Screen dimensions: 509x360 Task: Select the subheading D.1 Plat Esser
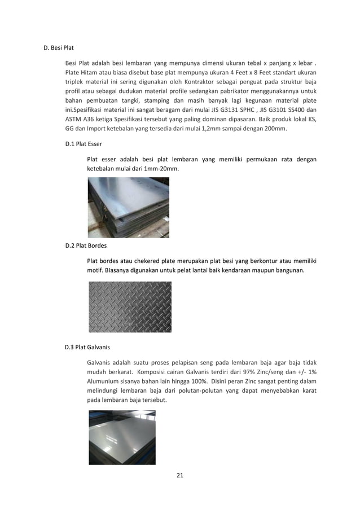[84, 144]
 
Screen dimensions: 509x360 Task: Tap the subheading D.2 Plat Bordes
[86, 245]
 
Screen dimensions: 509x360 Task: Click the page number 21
[180, 475]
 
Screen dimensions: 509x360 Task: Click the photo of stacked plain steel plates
[128, 207]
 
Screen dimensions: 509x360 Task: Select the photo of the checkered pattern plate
[130, 307]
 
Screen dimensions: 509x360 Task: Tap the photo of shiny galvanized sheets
[122, 437]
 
